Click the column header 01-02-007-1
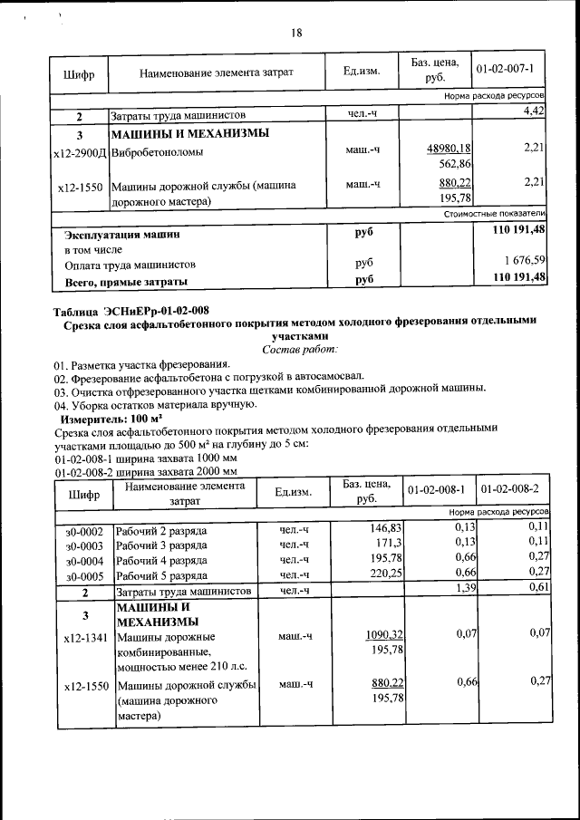coord(511,69)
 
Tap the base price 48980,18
coord(449,149)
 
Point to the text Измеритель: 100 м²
coord(111,420)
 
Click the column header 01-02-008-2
coord(510,489)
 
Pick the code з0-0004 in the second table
coord(84,560)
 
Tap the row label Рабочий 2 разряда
coord(162,529)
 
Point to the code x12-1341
coord(84,638)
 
